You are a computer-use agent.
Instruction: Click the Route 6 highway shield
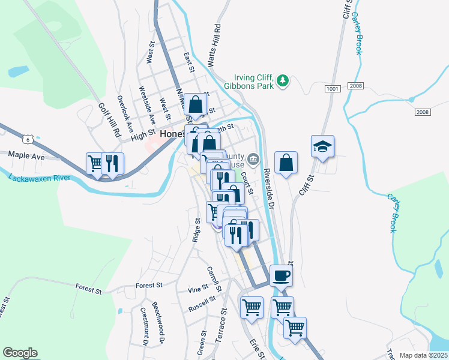pyautogui.click(x=26, y=139)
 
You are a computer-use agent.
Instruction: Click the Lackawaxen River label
pyautogui.click(x=39, y=178)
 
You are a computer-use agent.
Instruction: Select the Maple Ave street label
pyautogui.click(x=27, y=155)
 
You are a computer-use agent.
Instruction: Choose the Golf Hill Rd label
pyautogui.click(x=110, y=118)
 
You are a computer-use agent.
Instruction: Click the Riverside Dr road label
pyautogui.click(x=267, y=188)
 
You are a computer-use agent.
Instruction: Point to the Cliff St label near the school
pyautogui.click(x=307, y=186)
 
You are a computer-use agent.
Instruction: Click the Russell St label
pyautogui.click(x=202, y=304)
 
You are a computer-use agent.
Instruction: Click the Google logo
pyautogui.click(x=20, y=353)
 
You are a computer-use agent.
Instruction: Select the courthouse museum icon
pyautogui.click(x=253, y=159)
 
